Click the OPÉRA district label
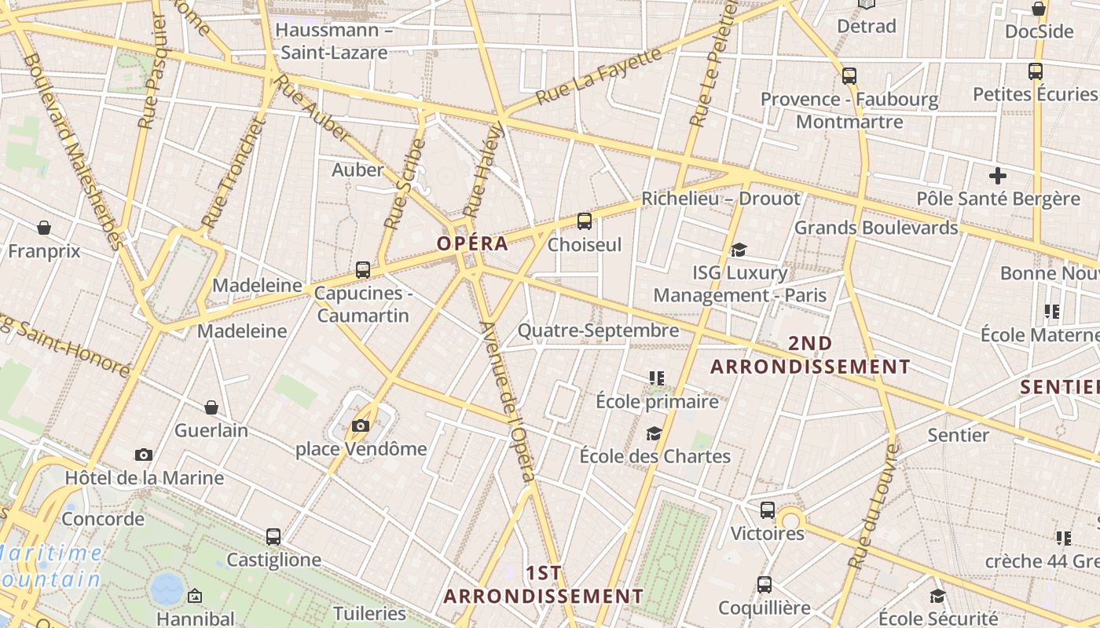[472, 243]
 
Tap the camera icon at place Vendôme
[361, 425]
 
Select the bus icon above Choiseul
[584, 221]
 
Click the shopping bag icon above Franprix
[44, 228]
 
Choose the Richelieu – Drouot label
[720, 199]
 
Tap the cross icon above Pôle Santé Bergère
[998, 176]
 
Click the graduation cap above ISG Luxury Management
[739, 250]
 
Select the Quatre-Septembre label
[598, 330]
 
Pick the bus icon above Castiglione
[273, 537]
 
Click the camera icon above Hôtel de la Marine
[143, 455]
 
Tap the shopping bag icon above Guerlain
[211, 407]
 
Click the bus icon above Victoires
[768, 510]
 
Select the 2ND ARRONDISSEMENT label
[810, 355]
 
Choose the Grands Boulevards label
[876, 228]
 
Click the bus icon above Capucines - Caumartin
[362, 270]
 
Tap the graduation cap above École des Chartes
[654, 433]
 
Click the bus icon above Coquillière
[764, 585]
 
